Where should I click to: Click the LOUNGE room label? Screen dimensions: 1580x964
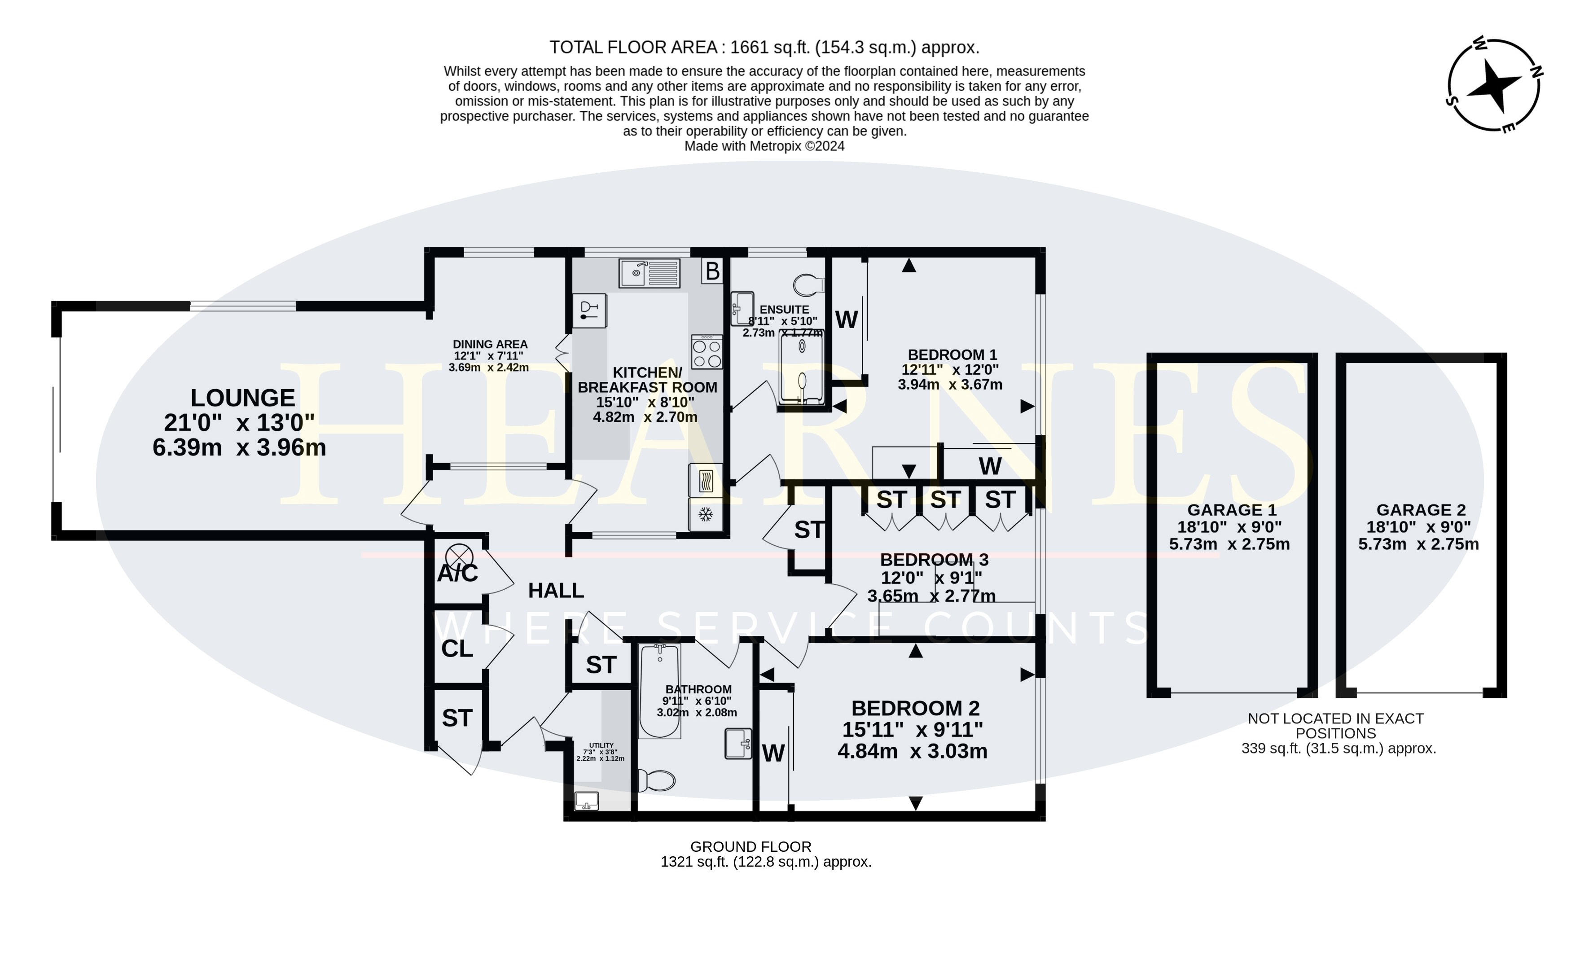click(x=242, y=398)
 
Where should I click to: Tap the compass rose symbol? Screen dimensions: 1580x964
click(x=1494, y=85)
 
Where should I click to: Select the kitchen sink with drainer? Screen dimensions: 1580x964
click(x=649, y=273)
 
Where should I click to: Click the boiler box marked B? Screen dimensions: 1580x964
click(x=712, y=271)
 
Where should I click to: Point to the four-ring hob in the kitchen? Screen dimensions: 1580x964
click(x=707, y=352)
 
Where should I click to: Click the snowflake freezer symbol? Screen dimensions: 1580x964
click(x=705, y=515)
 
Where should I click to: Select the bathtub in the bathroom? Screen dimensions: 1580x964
click(x=660, y=692)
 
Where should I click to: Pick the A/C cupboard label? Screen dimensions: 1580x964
click(x=457, y=574)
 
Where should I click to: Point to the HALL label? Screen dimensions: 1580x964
click(x=556, y=590)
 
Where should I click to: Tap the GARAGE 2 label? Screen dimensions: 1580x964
click(x=1421, y=510)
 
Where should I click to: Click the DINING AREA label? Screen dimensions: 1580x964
click(x=490, y=344)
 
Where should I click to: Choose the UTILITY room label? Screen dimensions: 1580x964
click(x=601, y=745)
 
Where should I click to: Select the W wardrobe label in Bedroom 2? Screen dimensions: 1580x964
click(x=773, y=753)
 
